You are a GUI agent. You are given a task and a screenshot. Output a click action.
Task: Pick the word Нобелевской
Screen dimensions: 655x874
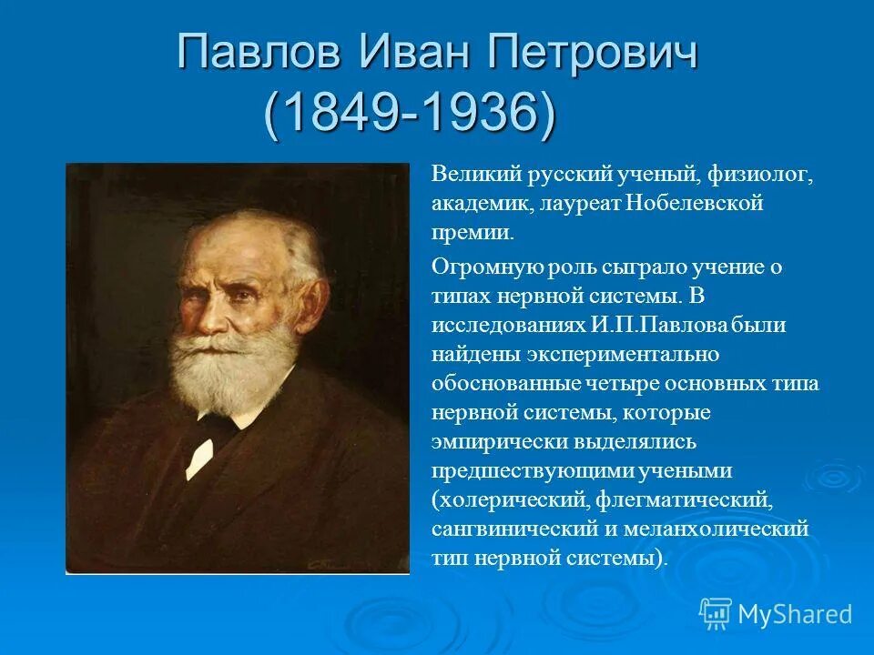pyautogui.click(x=694, y=204)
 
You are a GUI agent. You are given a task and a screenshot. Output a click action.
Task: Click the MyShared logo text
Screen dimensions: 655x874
pyautogui.click(x=794, y=614)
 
